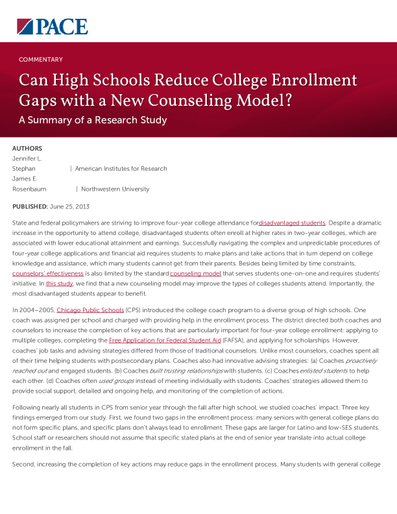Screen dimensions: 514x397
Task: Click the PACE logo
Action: [52, 27]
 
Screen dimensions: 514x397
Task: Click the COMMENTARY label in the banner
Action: [41, 60]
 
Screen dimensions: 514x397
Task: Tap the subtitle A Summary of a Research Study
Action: [93, 120]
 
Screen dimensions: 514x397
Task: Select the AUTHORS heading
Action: [27, 149]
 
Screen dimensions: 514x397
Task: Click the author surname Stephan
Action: [24, 169]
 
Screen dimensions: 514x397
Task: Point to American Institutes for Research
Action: [121, 169]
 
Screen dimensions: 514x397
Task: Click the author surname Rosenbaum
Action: [29, 190]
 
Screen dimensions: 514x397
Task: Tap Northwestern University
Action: [115, 190]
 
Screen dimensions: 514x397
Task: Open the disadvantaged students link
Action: [292, 223]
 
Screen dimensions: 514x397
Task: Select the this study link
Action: [59, 284]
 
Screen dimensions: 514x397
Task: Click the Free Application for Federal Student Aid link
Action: [165, 340]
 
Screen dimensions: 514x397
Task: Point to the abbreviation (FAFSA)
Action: [238, 340]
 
